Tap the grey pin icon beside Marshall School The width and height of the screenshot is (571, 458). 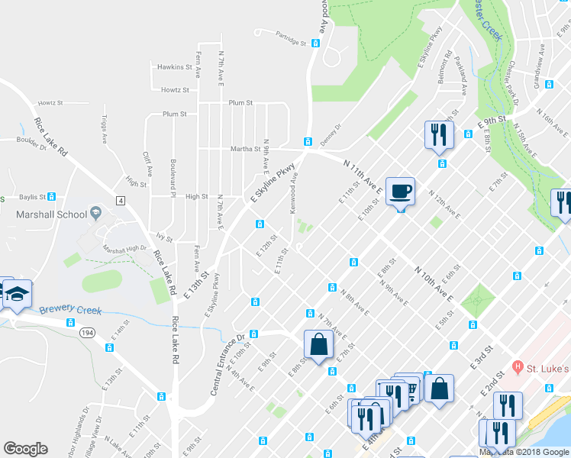click(95, 212)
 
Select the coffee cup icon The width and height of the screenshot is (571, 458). click(400, 192)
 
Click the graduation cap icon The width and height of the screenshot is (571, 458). click(16, 294)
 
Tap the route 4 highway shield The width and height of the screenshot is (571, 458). click(120, 200)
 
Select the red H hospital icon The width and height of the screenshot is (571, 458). click(518, 368)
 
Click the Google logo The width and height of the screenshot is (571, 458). click(25, 449)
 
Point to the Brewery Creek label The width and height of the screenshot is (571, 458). click(70, 310)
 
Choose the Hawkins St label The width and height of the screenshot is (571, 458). click(175, 67)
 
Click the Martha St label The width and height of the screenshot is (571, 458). click(245, 149)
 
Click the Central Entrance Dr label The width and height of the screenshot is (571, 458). click(227, 364)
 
